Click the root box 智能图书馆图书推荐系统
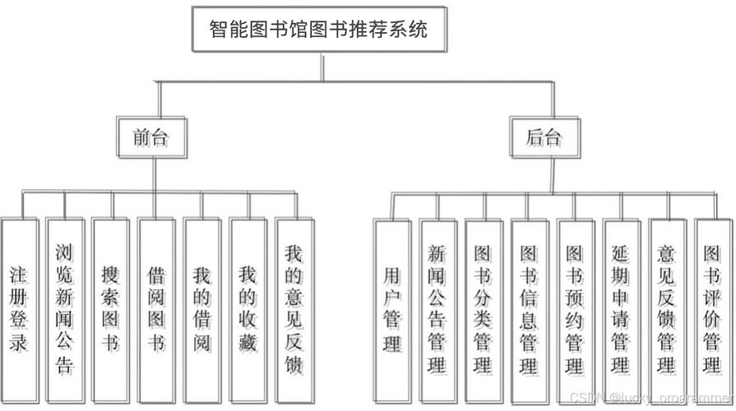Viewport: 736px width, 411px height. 320,31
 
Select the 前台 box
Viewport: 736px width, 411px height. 150,137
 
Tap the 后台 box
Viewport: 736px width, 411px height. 544,137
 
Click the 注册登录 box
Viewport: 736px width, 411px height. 19,308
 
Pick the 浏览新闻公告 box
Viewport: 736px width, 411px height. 65,308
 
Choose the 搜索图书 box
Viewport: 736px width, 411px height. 110,308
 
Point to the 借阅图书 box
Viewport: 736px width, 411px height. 156,308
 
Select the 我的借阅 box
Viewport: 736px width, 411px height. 202,308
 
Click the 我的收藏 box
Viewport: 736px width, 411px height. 248,308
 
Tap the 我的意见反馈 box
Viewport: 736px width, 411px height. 294,308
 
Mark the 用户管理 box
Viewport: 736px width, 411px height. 392,308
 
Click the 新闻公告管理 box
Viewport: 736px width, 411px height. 437,308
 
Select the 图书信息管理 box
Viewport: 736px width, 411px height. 530,308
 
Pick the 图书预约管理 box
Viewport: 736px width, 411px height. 576,308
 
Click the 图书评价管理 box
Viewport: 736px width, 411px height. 712,308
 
